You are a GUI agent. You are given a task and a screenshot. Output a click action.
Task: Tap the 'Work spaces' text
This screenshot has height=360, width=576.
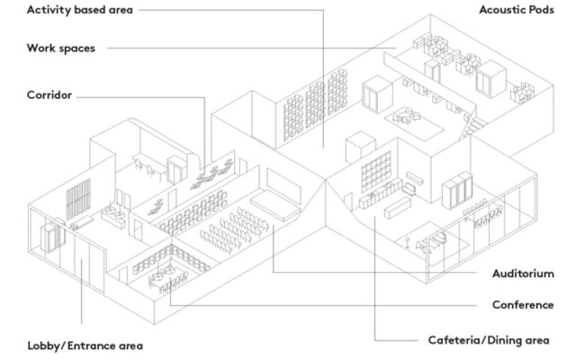[61, 49]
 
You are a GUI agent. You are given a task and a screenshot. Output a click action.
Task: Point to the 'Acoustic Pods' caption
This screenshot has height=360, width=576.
[516, 10]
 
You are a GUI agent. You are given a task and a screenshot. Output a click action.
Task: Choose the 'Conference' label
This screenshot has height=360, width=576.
[523, 305]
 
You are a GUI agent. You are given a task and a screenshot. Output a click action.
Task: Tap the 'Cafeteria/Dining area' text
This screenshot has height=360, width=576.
[488, 340]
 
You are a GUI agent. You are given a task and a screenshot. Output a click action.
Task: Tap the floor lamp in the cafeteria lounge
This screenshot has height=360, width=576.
[411, 240]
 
